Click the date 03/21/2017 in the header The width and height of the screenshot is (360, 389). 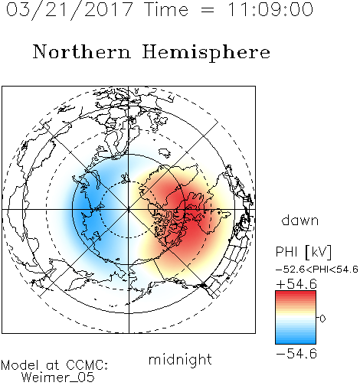click(70, 10)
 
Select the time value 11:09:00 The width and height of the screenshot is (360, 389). click(270, 9)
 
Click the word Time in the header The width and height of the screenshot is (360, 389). click(166, 9)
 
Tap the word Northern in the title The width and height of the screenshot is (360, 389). click(81, 52)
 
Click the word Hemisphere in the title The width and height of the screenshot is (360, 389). click(206, 53)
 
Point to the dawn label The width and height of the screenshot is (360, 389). click(300, 220)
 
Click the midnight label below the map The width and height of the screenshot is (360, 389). click(180, 361)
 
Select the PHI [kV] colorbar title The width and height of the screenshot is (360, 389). click(303, 252)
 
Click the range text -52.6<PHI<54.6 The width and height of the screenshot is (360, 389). click(317, 270)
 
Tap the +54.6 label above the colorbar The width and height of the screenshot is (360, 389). click(296, 284)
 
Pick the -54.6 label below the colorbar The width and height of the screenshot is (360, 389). click(296, 354)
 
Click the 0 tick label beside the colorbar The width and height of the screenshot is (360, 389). click(322, 319)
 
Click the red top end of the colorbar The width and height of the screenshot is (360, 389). click(296, 293)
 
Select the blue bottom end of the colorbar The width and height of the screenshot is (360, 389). click(296, 342)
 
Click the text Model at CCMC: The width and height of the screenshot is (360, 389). click(54, 365)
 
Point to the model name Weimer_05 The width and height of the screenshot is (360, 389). click(58, 378)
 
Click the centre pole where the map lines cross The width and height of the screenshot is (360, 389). click(129, 209)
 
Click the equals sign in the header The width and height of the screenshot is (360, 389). click(207, 10)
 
